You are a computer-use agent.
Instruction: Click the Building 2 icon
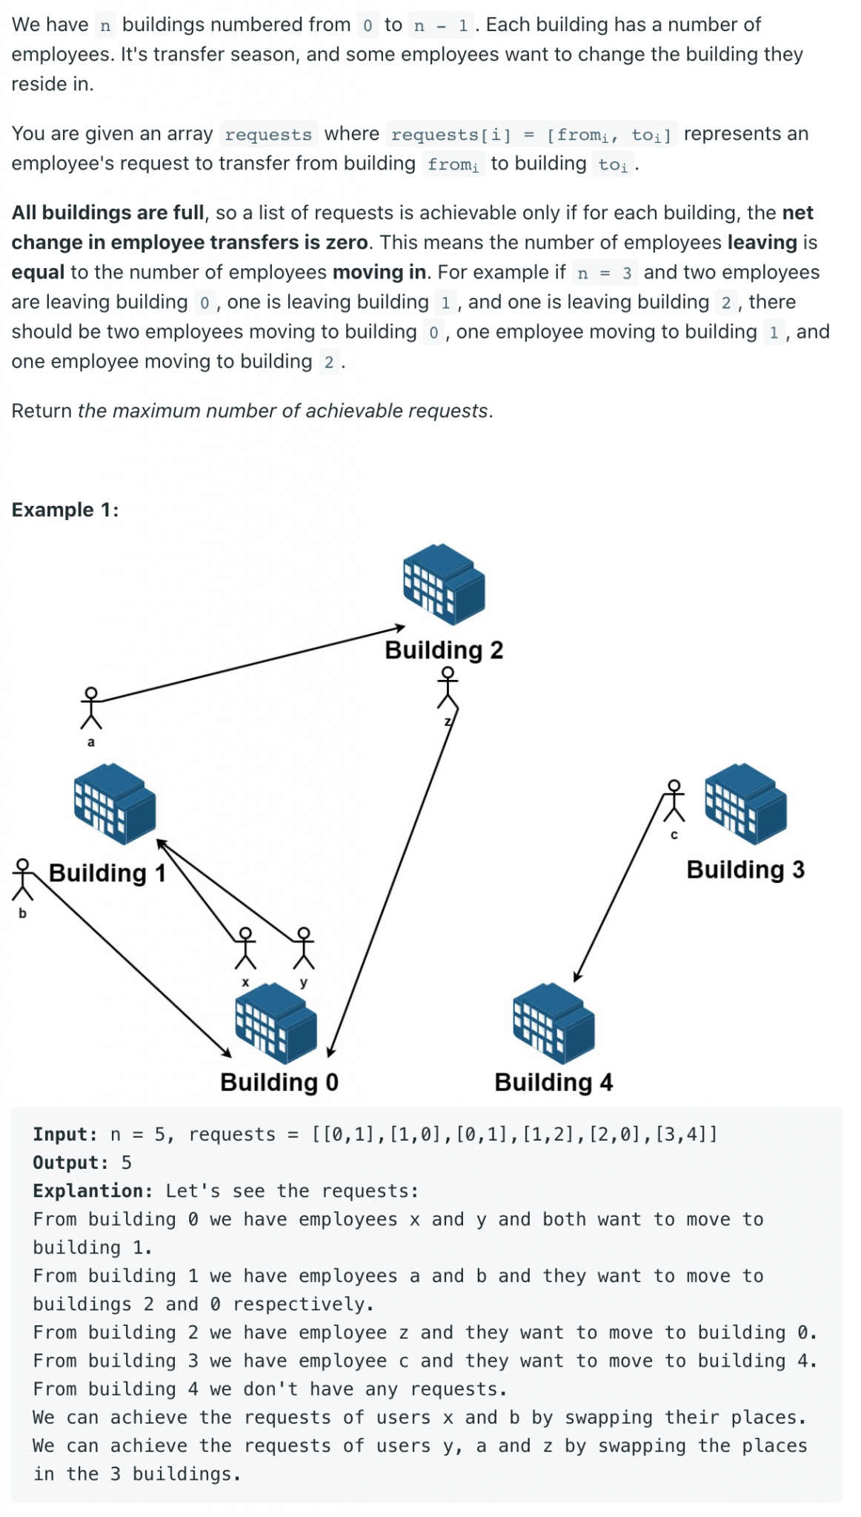tap(444, 583)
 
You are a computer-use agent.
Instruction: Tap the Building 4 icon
tap(553, 1022)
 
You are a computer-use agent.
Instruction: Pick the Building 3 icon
tap(745, 803)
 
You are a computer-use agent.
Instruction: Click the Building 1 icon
tap(115, 803)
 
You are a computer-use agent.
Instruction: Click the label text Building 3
tap(745, 870)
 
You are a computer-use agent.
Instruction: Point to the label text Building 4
tap(553, 1082)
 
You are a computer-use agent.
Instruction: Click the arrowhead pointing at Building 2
tap(400, 628)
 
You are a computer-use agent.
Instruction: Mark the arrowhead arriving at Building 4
tap(577, 976)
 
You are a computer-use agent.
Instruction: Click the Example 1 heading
tap(65, 510)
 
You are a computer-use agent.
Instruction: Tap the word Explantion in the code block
tap(92, 1190)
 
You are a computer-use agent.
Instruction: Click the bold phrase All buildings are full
tap(107, 213)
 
